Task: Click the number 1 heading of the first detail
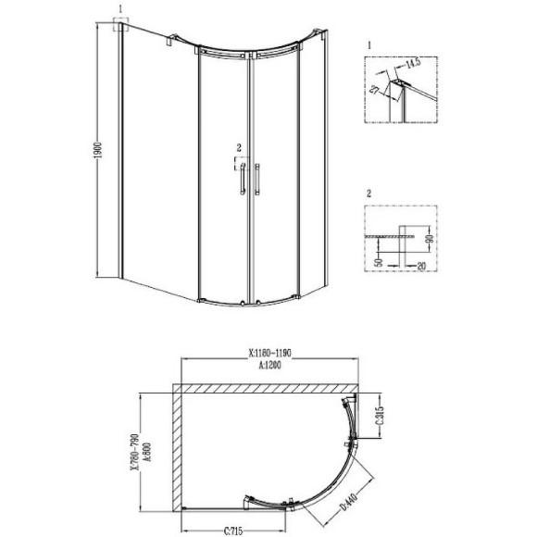point(368,44)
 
